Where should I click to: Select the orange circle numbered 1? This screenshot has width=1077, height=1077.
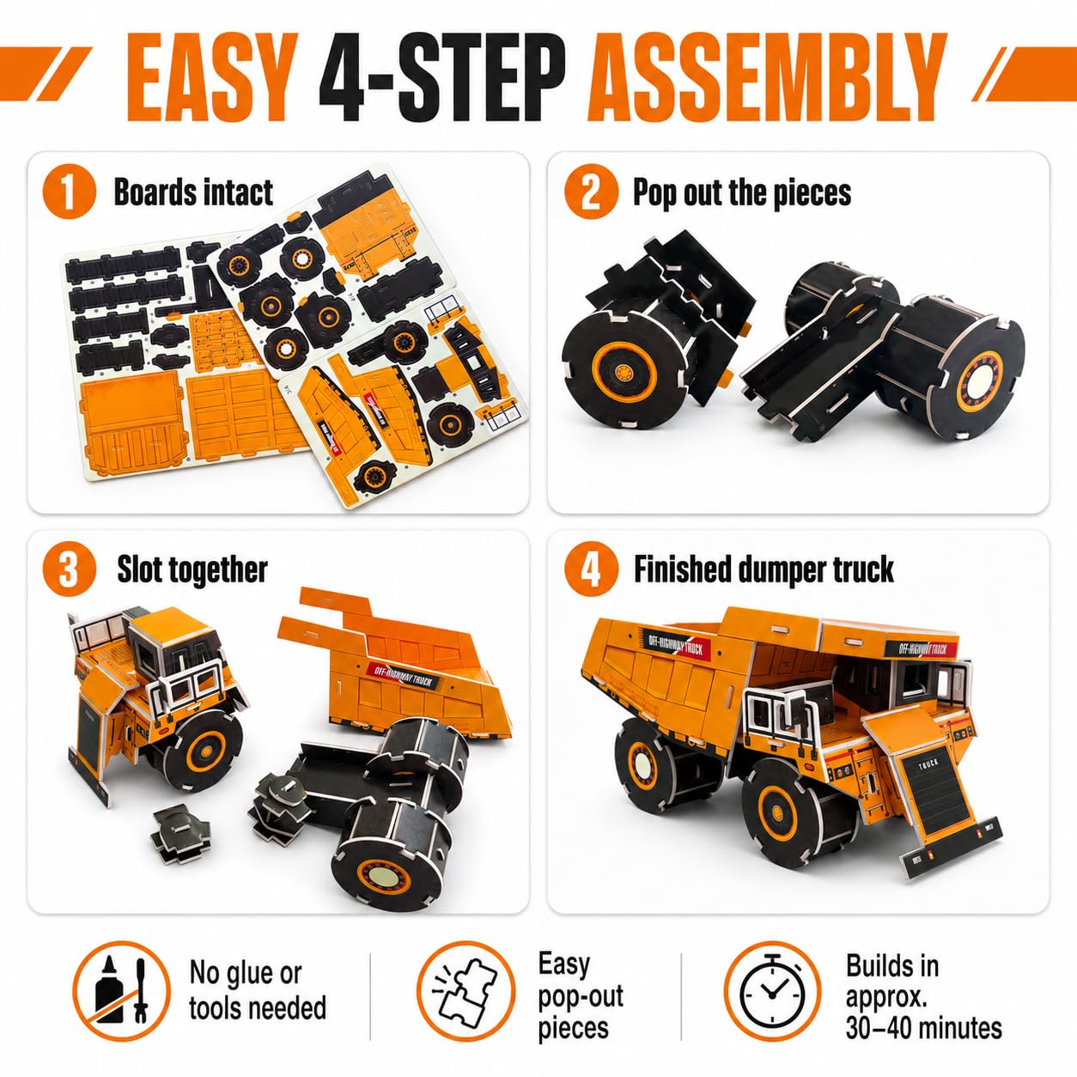[70, 192]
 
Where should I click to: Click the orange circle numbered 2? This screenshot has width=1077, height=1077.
[591, 192]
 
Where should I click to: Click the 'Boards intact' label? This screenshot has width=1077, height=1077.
[193, 192]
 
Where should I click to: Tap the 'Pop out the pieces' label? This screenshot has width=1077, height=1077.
[742, 193]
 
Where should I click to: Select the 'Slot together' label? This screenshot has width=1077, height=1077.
[192, 570]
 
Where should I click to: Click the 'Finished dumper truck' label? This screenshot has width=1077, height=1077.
[764, 570]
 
